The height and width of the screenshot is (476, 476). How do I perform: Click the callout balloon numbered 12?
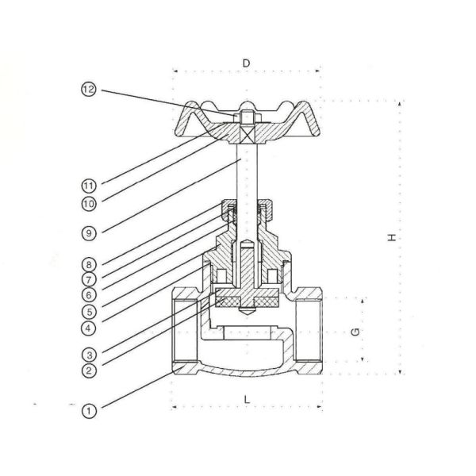[x=88, y=90]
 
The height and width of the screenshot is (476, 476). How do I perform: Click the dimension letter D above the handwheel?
[x=246, y=62]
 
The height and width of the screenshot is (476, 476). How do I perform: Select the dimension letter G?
[x=355, y=329]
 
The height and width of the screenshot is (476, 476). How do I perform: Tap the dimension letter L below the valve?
[x=247, y=399]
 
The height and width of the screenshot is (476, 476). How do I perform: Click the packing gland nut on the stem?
[x=246, y=210]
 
